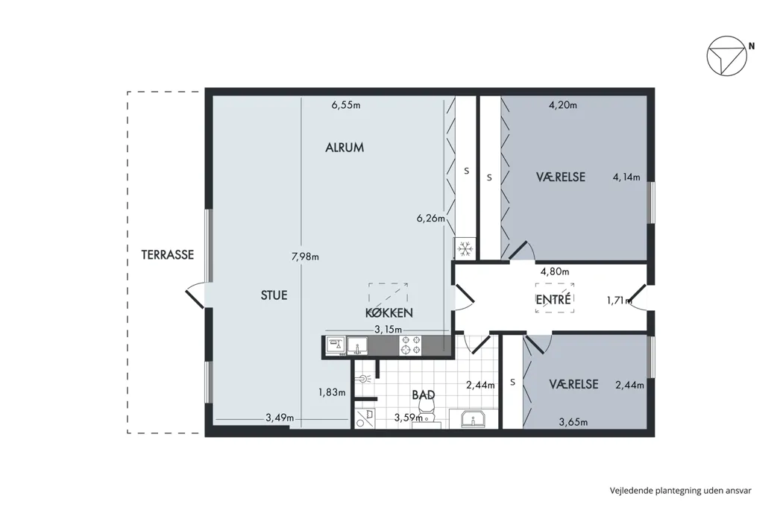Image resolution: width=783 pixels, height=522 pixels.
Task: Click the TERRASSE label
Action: click(x=167, y=255)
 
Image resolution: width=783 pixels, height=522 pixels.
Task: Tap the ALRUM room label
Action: click(x=345, y=148)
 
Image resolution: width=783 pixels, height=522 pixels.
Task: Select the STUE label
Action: click(x=274, y=295)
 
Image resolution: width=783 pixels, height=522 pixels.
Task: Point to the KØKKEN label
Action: click(x=389, y=312)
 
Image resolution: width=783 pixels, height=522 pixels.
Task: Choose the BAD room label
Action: click(x=424, y=394)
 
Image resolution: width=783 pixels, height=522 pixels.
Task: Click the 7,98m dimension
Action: click(x=305, y=257)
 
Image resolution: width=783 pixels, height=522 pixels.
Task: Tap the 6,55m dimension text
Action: click(x=346, y=105)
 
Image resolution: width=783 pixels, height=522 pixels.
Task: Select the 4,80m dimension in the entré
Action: click(x=555, y=271)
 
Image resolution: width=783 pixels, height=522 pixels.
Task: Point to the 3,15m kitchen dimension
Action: click(x=388, y=329)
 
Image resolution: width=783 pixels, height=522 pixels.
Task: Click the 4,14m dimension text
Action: click(x=626, y=177)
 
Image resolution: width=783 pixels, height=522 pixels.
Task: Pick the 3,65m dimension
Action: click(x=573, y=422)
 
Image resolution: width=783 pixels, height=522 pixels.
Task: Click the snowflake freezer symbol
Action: click(x=465, y=248)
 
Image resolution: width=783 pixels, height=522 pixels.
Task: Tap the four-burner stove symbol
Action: click(x=410, y=346)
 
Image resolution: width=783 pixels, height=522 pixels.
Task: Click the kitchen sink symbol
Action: click(x=357, y=346)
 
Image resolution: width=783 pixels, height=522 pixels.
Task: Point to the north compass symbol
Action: click(x=726, y=56)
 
